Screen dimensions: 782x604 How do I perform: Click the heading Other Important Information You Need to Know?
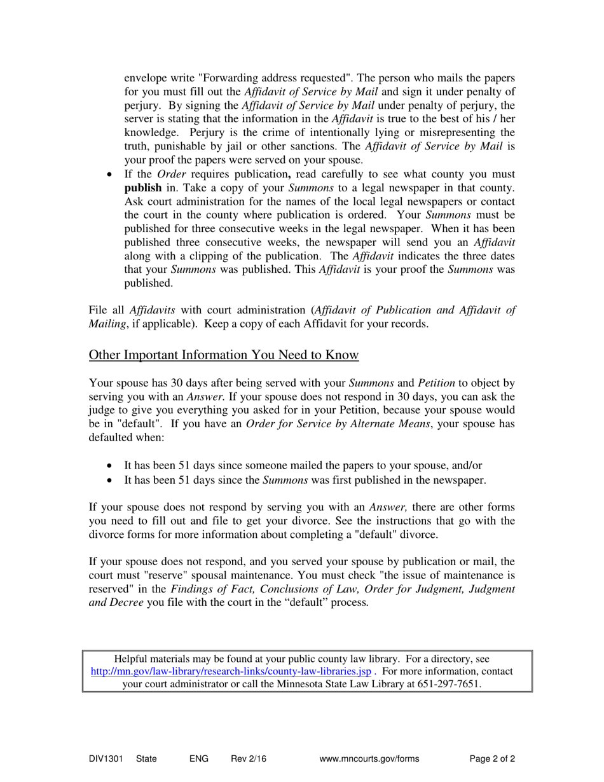[x=224, y=355]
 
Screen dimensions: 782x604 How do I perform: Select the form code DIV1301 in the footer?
[x=106, y=758]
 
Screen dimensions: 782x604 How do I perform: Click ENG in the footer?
[x=199, y=758]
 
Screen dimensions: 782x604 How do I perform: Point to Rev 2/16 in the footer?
[x=249, y=758]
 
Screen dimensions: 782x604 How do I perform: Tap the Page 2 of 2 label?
[x=492, y=758]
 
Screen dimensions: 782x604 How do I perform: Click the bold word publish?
[x=143, y=188]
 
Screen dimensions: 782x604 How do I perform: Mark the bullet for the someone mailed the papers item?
[x=111, y=466]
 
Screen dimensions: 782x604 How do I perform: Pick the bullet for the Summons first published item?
[x=111, y=480]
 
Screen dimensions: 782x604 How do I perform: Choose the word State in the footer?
[x=146, y=758]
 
